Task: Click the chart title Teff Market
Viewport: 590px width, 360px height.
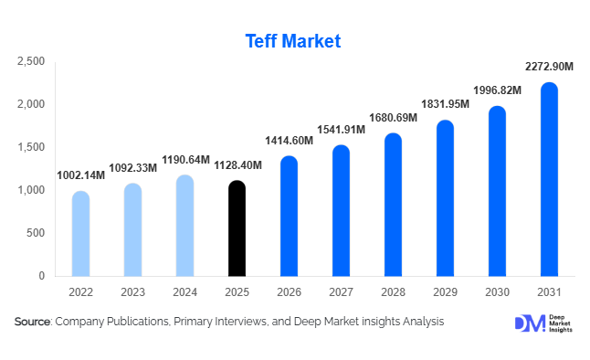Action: pos(294,41)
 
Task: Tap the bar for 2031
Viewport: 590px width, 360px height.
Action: pos(549,179)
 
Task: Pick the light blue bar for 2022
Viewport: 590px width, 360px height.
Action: pos(80,233)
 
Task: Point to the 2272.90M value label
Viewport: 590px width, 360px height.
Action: pos(549,67)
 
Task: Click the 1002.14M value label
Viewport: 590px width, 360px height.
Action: pos(80,175)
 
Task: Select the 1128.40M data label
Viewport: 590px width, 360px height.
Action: pos(237,165)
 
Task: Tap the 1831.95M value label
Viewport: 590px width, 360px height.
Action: pos(445,104)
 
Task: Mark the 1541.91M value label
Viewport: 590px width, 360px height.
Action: pos(341,129)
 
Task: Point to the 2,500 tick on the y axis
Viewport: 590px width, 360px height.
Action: pos(31,61)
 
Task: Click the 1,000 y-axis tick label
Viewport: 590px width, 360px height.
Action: pos(31,190)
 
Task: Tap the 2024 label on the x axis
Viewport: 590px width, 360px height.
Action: pos(184,291)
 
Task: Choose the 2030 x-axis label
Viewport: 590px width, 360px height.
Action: pos(497,291)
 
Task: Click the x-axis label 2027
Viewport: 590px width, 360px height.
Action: pos(341,291)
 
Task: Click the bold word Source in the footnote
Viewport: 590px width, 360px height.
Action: pos(33,322)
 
